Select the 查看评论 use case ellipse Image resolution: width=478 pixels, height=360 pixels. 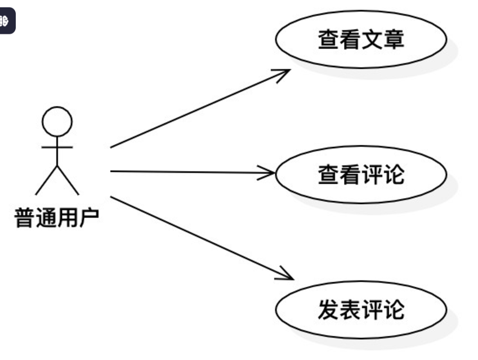tap(361, 174)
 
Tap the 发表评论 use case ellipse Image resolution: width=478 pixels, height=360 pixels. tap(361, 310)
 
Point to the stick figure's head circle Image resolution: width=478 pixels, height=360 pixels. tap(57, 121)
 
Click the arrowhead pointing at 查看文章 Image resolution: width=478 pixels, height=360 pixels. tap(284, 73)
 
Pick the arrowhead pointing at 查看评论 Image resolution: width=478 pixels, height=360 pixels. tap(269, 172)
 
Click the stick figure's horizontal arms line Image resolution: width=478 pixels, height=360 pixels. tap(57, 147)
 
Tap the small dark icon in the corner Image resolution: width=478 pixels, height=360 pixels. tap(6, 22)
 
